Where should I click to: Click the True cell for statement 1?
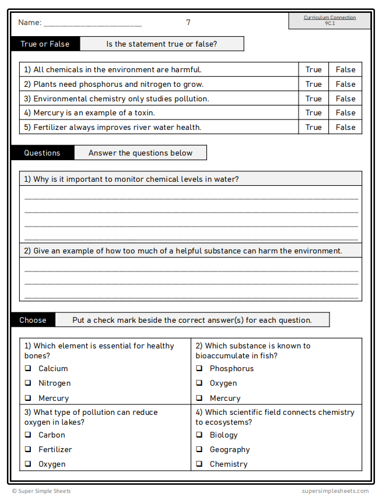point(313,69)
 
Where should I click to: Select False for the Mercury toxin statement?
point(345,112)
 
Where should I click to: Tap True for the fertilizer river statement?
point(313,127)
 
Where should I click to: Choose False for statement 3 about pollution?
point(345,98)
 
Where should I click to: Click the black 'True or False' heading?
point(45,44)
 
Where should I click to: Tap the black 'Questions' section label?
point(42,153)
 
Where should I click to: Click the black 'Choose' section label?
point(33,320)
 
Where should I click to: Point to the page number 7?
point(188,22)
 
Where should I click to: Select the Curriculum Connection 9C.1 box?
point(330,20)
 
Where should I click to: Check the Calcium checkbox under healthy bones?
point(28,368)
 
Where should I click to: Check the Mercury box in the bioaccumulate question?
point(199,398)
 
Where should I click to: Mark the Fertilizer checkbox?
point(28,449)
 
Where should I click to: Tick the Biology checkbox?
point(199,435)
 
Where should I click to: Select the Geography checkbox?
point(199,449)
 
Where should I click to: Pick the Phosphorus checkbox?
point(199,368)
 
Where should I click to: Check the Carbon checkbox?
point(28,435)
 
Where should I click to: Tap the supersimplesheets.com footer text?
point(335,491)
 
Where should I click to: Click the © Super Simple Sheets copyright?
point(41,491)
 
